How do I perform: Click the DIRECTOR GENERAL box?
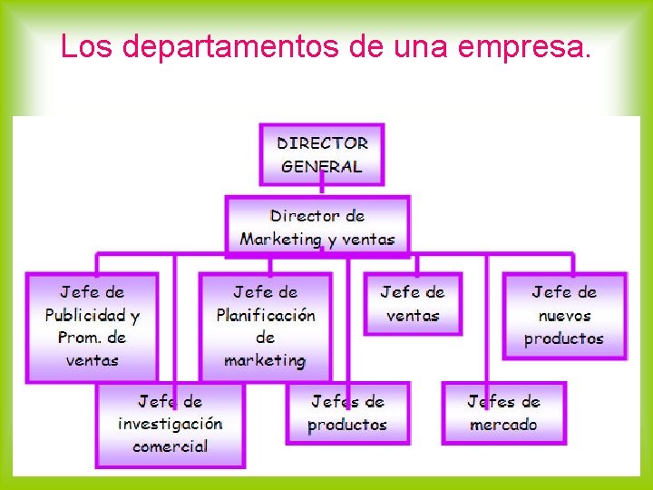click(322, 154)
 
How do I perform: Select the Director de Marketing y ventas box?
click(317, 227)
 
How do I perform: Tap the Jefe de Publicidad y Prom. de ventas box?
click(92, 327)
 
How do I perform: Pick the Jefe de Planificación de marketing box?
click(265, 327)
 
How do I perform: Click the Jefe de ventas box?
click(413, 304)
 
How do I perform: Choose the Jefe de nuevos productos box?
click(564, 316)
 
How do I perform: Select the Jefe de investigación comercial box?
click(170, 424)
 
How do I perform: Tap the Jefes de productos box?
click(347, 413)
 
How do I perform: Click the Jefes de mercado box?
click(503, 413)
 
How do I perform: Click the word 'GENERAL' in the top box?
click(322, 167)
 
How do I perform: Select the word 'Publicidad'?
click(86, 316)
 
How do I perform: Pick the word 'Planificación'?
click(266, 316)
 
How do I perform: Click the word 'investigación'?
click(170, 424)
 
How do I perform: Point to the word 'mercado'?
click(503, 425)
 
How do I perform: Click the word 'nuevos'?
click(564, 317)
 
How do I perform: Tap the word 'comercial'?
click(170, 446)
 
